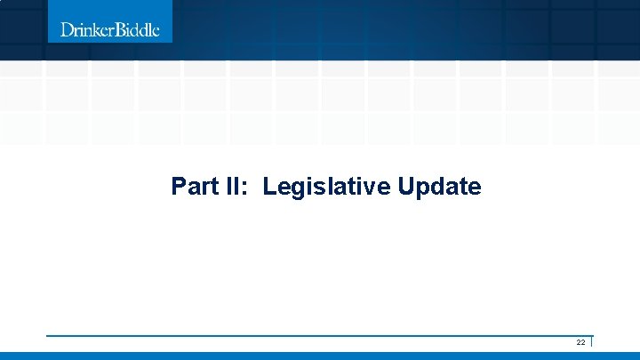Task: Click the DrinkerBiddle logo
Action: click(110, 29)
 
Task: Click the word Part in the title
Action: click(190, 187)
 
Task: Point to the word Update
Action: click(439, 188)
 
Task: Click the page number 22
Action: click(580, 342)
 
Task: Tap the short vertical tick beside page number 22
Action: click(591, 342)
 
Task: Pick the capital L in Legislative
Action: click(269, 187)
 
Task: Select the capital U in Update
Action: click(406, 187)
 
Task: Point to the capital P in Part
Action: click(179, 187)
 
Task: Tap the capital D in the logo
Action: click(67, 29)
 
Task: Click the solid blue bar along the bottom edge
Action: click(320, 356)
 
